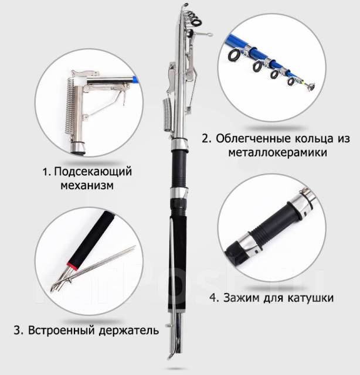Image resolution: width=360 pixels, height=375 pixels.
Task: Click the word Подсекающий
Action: pyautogui.click(x=93, y=172)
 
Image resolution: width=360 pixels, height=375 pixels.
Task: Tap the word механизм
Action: pyautogui.click(x=87, y=186)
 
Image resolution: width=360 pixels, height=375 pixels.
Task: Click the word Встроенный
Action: pyautogui.click(x=62, y=330)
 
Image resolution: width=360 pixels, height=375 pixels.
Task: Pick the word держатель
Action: pyautogui.click(x=129, y=330)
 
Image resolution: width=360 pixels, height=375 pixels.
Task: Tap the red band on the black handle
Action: pyautogui.click(x=72, y=266)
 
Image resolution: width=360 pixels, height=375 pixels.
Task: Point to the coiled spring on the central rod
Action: pyautogui.click(x=168, y=115)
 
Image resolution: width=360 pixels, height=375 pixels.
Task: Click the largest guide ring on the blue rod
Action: pyautogui.click(x=233, y=56)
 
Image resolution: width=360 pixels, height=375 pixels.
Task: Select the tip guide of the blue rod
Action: pyautogui.click(x=310, y=86)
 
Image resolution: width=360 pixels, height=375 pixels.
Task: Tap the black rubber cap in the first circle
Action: pyautogui.click(x=77, y=148)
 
